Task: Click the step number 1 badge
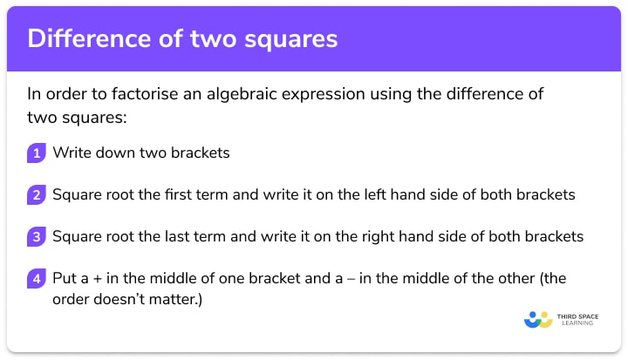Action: [36, 153]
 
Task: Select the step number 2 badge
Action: [36, 195]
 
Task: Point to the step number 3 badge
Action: [36, 237]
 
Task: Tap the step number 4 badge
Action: [36, 279]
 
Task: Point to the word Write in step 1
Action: [71, 153]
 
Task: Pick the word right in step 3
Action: [378, 236]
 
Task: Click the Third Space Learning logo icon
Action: [538, 320]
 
